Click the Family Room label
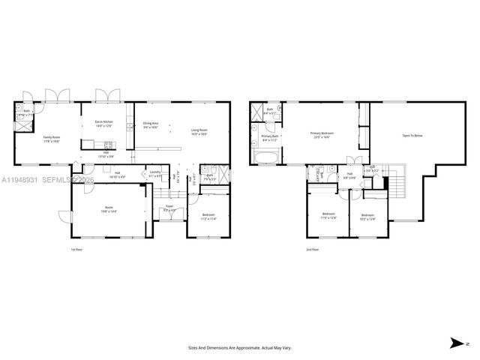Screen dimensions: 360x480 52,139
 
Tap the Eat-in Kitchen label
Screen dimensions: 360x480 103,123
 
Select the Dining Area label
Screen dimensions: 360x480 151,125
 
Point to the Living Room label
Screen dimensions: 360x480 199,132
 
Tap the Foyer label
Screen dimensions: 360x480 169,209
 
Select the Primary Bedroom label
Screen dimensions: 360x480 322,135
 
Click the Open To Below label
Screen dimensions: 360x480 412,136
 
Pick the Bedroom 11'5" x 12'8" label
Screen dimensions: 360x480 328,216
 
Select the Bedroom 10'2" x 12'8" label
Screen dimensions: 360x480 367,219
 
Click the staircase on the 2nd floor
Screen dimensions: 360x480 396,180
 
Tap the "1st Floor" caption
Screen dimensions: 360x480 76,249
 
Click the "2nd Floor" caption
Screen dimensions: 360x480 312,249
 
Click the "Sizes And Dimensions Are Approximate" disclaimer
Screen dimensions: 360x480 240,347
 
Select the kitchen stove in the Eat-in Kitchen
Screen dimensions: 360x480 107,144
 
